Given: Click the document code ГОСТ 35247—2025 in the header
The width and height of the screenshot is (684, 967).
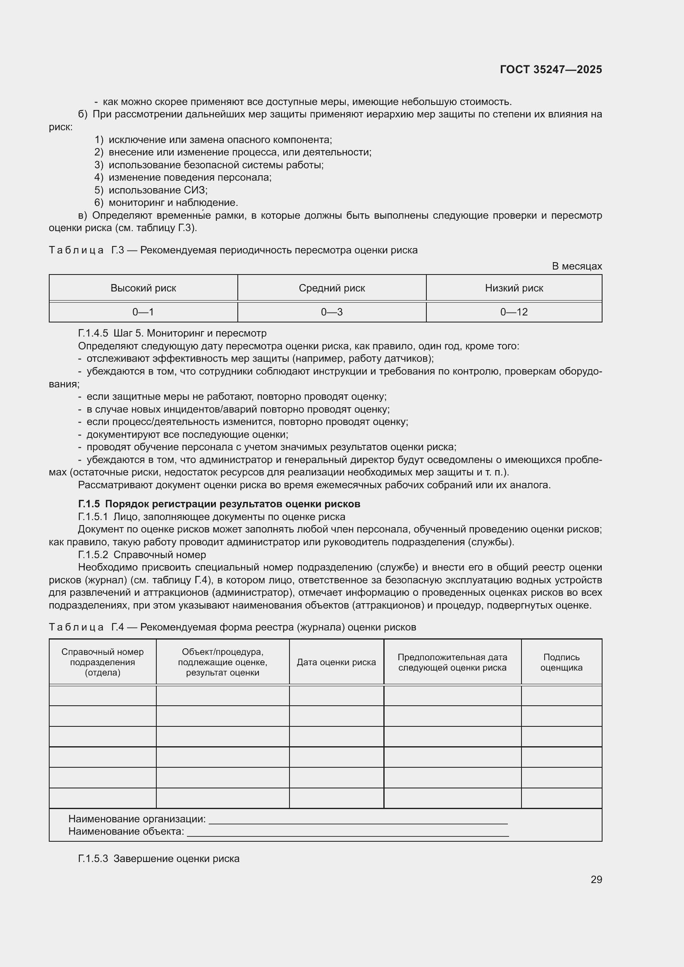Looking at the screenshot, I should click(550, 69).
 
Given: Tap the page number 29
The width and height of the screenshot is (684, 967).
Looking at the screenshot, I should click(596, 879).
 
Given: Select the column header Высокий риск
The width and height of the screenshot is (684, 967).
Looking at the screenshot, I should click(143, 288).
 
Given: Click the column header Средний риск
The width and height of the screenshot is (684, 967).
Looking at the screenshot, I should click(332, 288).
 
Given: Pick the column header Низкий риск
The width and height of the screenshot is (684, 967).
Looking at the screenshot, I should click(514, 288).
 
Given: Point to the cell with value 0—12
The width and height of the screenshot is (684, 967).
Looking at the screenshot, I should click(514, 312).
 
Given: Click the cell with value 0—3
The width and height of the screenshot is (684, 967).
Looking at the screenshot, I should click(332, 312).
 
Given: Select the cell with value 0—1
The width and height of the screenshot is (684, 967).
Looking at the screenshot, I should click(143, 312).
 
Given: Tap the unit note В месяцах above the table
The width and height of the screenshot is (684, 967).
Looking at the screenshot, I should click(576, 266).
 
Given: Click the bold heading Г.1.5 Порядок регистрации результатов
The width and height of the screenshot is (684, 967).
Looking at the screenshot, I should click(219, 504).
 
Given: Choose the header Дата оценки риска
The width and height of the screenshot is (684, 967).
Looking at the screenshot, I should click(336, 662).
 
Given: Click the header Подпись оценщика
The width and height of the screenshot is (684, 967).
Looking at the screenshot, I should click(561, 662).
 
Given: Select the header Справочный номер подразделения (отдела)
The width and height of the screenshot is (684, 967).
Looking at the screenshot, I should click(102, 662).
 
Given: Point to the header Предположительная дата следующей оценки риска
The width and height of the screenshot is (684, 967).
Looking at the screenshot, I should click(452, 662).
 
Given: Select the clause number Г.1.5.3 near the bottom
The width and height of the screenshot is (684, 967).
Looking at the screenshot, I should click(93, 858).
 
